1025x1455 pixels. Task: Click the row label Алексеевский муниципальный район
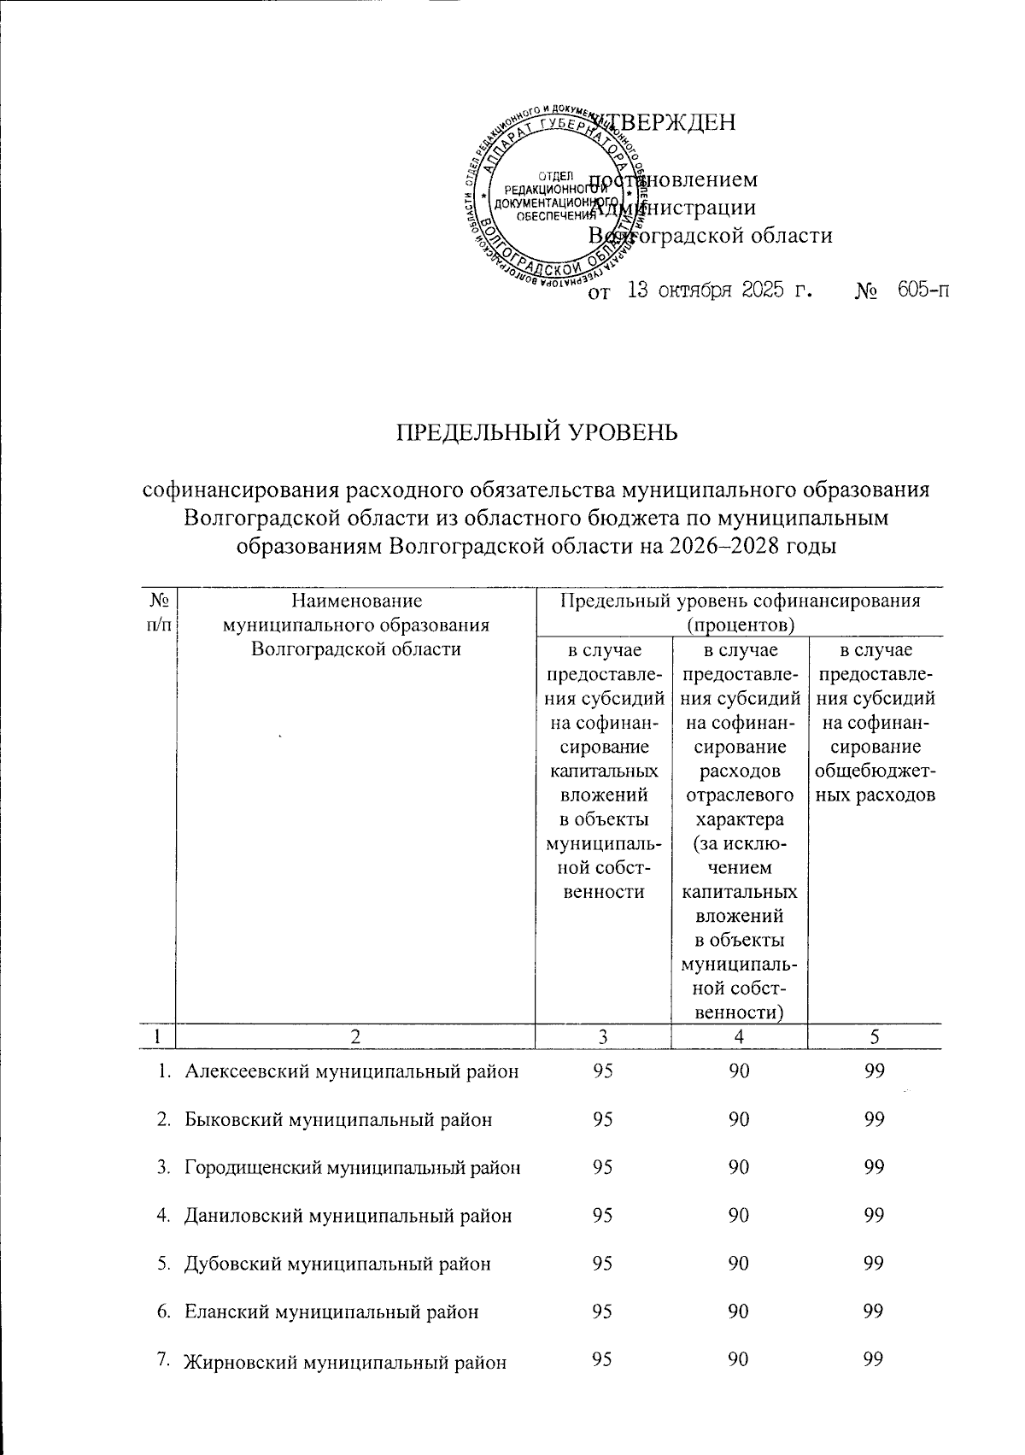tap(352, 1071)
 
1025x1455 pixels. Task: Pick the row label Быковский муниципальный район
tap(338, 1118)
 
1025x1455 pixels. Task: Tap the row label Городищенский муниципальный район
tap(353, 1166)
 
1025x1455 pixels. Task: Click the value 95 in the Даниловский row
tap(602, 1214)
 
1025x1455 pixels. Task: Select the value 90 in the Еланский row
tap(739, 1311)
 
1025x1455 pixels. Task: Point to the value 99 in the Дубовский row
tap(873, 1263)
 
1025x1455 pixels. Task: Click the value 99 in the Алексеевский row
tap(873, 1071)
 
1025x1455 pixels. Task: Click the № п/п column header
tap(157, 613)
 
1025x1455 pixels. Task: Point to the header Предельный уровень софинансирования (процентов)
tap(739, 612)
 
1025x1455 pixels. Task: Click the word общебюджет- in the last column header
tap(875, 771)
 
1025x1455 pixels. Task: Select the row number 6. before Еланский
tap(166, 1311)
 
